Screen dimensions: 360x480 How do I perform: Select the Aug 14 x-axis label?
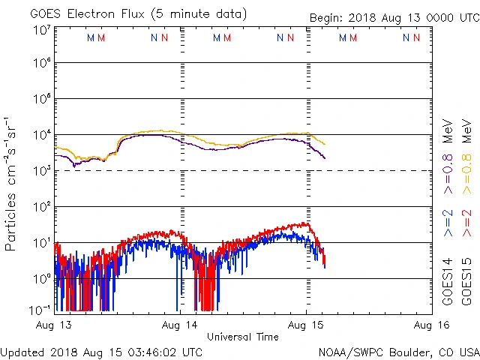click(x=181, y=325)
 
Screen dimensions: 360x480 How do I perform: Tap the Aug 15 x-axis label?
click(x=306, y=325)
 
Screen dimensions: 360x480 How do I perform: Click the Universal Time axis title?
click(x=243, y=337)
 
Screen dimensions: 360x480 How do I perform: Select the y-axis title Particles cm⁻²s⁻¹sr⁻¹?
click(x=10, y=184)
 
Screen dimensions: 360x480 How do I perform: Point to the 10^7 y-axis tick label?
click(x=41, y=30)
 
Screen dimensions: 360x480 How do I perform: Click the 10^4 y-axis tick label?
click(x=41, y=135)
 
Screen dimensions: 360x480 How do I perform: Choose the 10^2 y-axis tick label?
click(x=41, y=206)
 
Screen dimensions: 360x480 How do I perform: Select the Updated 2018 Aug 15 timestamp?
click(x=101, y=351)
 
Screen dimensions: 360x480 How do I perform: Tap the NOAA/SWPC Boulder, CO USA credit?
click(x=398, y=351)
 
